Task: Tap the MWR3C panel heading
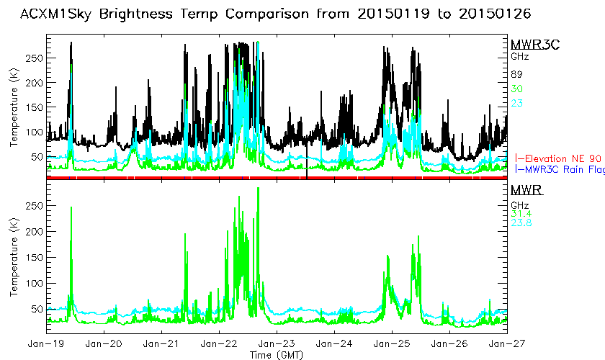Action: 534,45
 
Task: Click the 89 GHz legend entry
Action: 516,75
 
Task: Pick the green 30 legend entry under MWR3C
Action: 516,89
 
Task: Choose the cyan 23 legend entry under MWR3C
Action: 516,103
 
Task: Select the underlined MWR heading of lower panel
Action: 526,190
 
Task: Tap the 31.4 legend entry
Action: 521,213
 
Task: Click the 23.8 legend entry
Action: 521,223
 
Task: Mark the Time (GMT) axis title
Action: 277,354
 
